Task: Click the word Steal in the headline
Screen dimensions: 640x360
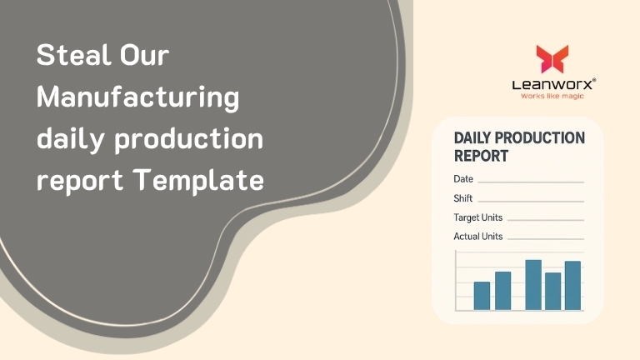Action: coord(73,55)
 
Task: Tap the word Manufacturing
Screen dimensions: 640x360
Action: coord(138,99)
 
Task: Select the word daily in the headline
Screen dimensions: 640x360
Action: coord(71,140)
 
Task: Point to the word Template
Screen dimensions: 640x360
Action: coord(199,180)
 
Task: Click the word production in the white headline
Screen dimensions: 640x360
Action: coord(188,140)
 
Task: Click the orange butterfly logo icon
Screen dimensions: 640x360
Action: coord(552,59)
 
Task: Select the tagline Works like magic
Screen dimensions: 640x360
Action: coord(552,97)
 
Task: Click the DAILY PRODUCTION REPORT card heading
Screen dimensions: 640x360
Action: coord(519,147)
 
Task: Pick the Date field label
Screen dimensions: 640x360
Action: coord(463,179)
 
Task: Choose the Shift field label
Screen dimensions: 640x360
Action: coord(462,198)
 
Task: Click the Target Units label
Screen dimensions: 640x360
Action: coord(478,217)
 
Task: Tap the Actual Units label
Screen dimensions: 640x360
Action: coord(478,237)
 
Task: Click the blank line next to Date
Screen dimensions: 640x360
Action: coord(531,182)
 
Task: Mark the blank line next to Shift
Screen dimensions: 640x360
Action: coord(531,201)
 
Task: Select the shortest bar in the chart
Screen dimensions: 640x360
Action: coord(482,296)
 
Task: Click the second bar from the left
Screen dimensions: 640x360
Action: coord(502,291)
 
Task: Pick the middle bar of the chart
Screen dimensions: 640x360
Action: coord(533,285)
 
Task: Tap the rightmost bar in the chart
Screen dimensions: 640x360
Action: coord(572,286)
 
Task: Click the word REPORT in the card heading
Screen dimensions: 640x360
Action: coord(481,156)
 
